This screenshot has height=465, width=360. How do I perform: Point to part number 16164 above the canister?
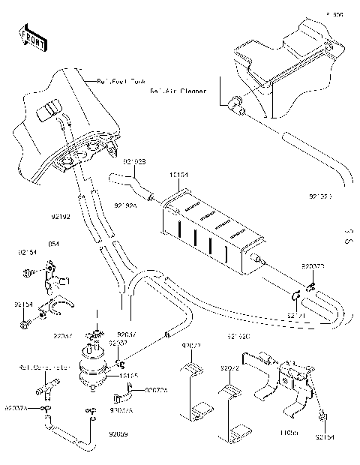[x=178, y=174]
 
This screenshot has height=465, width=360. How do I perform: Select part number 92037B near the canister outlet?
[x=313, y=267]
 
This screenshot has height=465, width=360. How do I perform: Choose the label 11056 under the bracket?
[x=289, y=433]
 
